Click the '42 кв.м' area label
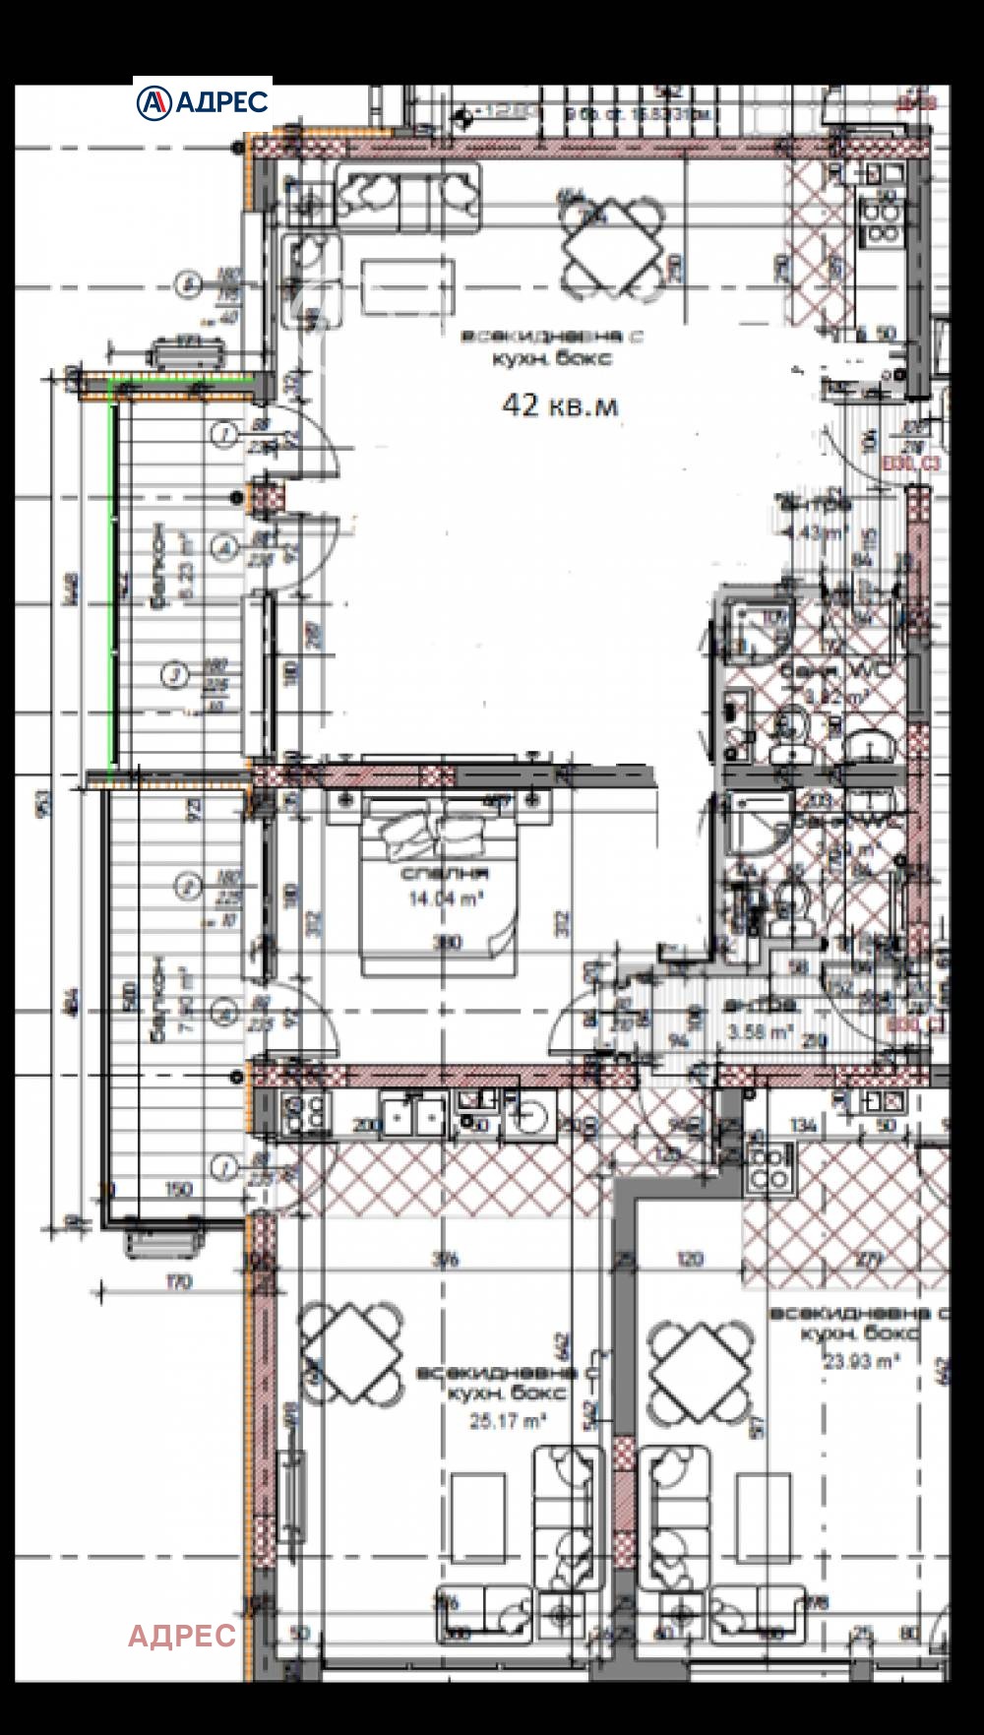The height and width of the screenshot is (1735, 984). point(560,405)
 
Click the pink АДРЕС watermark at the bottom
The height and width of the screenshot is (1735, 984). point(182,1635)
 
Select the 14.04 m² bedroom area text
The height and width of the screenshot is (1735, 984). point(445,898)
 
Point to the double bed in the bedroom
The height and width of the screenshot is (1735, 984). point(438,886)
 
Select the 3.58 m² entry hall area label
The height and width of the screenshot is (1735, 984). point(760,1031)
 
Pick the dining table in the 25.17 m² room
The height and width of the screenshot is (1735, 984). point(351,1352)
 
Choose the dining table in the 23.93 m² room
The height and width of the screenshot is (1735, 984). point(699,1372)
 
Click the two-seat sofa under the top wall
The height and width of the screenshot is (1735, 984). point(408,197)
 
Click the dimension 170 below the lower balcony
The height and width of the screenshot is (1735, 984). point(179,1281)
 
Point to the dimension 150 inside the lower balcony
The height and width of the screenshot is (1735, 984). point(178,1189)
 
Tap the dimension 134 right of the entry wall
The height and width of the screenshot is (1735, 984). point(803,1125)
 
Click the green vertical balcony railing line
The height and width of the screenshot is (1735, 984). point(114,581)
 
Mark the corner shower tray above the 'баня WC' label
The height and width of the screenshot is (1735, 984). point(759,628)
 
